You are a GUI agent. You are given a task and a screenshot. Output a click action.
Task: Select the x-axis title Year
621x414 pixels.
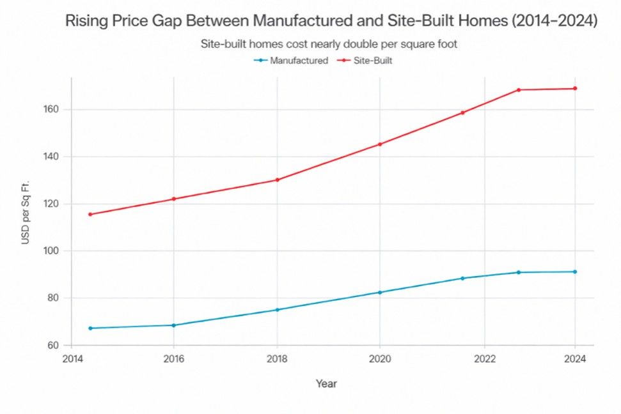click(x=326, y=384)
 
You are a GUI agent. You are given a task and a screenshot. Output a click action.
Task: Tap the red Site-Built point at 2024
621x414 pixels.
click(x=575, y=88)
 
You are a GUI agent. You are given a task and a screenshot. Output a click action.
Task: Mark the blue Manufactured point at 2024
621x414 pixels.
click(x=575, y=272)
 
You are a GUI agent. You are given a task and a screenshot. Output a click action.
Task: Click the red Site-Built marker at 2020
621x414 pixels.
click(x=380, y=144)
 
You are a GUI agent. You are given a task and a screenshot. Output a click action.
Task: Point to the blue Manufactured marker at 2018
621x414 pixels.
click(x=277, y=310)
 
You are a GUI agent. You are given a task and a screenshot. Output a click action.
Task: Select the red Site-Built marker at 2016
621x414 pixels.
click(x=173, y=199)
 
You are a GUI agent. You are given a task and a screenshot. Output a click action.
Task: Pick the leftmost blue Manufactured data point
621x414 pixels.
click(x=90, y=328)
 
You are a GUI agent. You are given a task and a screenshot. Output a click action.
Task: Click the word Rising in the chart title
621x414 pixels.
click(x=86, y=21)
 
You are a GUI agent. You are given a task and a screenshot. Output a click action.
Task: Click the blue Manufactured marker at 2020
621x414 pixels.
click(x=380, y=293)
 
